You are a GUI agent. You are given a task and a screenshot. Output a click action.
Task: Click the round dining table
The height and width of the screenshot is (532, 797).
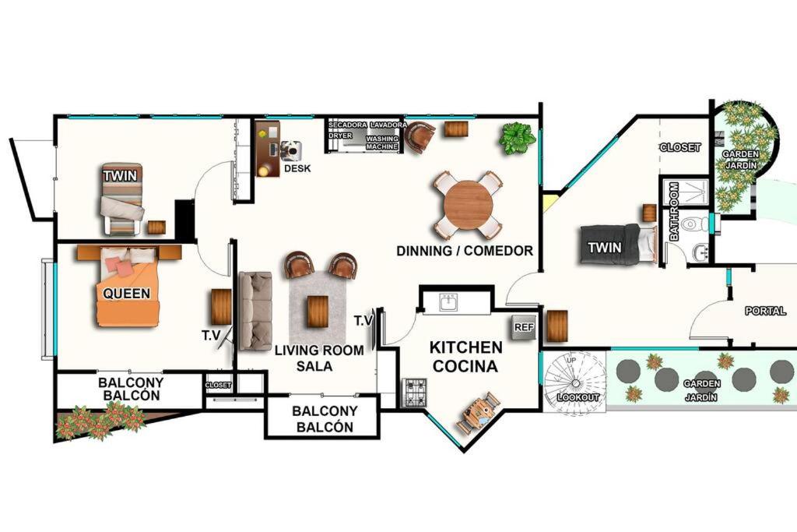468,206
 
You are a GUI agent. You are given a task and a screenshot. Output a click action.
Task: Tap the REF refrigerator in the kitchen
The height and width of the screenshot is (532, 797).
524,328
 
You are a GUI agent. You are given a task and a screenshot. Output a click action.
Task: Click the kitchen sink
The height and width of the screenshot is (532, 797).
448,304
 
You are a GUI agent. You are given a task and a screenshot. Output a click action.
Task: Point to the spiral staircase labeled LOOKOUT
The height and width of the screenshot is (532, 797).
575,382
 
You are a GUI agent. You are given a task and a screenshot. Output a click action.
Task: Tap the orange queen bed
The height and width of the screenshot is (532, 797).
127,287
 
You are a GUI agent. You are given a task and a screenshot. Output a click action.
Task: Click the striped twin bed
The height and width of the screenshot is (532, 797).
122,199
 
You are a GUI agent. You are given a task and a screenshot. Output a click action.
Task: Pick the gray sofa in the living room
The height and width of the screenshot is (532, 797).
255,311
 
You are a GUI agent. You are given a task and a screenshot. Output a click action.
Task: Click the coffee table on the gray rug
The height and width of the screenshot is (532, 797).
318,312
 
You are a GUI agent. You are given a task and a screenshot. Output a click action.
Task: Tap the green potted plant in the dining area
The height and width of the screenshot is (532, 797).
517,138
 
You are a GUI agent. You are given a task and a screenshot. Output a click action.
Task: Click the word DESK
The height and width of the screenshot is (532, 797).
297,168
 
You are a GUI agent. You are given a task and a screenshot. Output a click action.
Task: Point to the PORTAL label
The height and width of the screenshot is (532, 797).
766,311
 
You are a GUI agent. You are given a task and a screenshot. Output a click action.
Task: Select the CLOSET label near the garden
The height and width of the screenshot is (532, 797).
680,147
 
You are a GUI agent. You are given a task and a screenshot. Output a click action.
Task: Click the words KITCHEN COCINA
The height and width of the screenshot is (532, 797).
465,357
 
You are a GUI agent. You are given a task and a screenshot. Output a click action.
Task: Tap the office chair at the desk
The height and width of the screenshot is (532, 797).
291,151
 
